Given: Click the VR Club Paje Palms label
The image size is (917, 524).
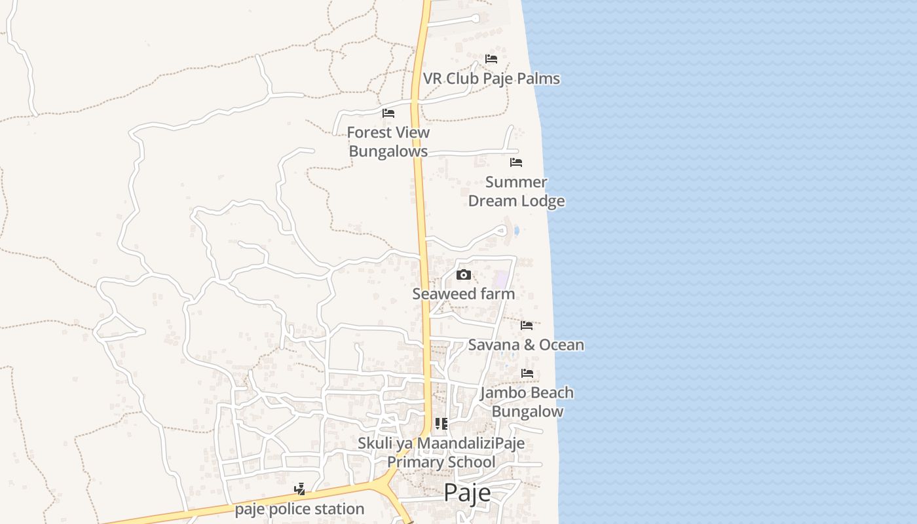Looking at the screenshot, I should [x=491, y=79].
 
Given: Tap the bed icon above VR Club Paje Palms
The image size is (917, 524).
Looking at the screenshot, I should [x=491, y=59].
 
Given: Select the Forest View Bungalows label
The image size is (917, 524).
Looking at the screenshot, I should [x=388, y=141].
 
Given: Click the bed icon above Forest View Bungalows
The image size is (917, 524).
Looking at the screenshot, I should [x=388, y=113].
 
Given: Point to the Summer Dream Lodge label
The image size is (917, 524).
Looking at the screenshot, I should [x=516, y=191].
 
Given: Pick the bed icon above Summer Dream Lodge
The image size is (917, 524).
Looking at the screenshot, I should [x=516, y=162].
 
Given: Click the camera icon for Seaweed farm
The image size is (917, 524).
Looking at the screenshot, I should [x=464, y=274].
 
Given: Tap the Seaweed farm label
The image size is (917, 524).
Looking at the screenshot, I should [x=463, y=294].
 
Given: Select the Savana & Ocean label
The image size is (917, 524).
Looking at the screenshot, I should [x=526, y=345].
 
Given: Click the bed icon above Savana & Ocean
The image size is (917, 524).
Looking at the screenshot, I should [x=527, y=326].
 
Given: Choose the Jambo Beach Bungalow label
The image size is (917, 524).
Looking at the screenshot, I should [x=527, y=402].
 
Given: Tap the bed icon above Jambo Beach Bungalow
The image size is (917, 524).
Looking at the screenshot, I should [x=527, y=373].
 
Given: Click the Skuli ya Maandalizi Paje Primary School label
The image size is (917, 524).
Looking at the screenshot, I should [x=441, y=453].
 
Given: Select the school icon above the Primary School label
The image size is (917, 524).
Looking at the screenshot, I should [x=441, y=424].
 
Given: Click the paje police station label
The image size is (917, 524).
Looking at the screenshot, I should [x=299, y=509].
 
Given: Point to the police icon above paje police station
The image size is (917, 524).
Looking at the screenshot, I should [x=299, y=489].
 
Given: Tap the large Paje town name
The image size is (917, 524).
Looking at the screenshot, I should [x=467, y=493].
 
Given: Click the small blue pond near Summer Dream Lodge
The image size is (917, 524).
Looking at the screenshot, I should [x=517, y=231].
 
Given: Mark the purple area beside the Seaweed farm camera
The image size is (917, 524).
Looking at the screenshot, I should [x=502, y=278].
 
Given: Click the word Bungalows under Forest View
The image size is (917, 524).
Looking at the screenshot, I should [x=388, y=151].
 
